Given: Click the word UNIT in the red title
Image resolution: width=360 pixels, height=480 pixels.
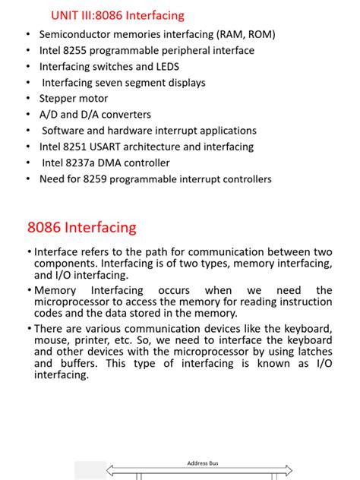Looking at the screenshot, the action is tap(65, 15).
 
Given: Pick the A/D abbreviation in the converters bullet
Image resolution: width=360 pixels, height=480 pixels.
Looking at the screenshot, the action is tap(49, 115).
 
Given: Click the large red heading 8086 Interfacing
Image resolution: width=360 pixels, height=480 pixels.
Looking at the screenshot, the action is tap(82, 227).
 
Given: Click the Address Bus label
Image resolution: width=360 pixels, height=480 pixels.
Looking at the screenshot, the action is tap(204, 463).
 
